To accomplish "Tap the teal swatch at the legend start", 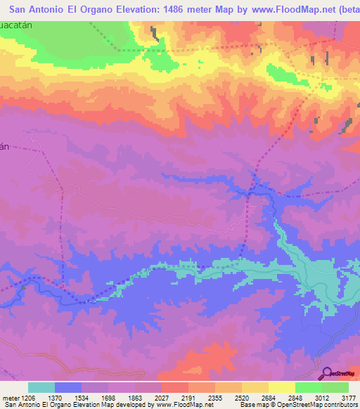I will [41, 387].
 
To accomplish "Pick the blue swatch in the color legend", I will [68, 387].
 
